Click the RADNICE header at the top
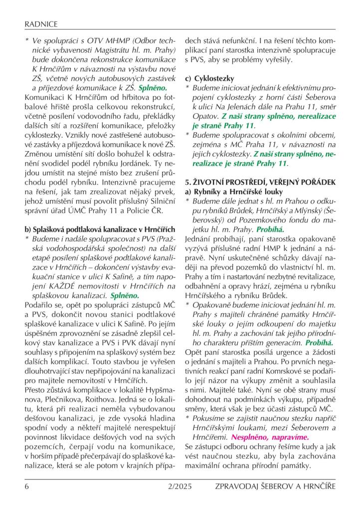(x=41, y=23)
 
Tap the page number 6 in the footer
(x=27, y=486)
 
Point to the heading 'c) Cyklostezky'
(x=209, y=78)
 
